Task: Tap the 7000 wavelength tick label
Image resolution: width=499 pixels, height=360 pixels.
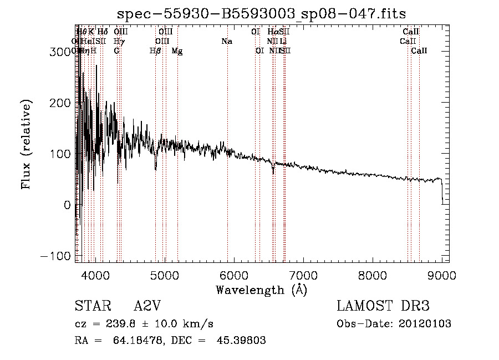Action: pyautogui.click(x=303, y=275)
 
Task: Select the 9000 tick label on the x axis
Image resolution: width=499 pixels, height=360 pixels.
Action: pyautogui.click(x=442, y=275)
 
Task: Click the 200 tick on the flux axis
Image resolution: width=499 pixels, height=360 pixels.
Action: pyautogui.click(x=61, y=103)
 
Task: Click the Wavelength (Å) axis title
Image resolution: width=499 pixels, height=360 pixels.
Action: pyautogui.click(x=261, y=290)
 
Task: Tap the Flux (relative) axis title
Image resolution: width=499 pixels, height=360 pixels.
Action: pyautogui.click(x=26, y=144)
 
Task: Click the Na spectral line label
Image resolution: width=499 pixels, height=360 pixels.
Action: pyautogui.click(x=226, y=41)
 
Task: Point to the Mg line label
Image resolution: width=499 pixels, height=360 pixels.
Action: pyautogui.click(x=177, y=51)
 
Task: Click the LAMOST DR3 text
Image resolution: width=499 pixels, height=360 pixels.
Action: pyautogui.click(x=383, y=307)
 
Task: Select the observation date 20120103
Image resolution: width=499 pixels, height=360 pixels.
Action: pyautogui.click(x=424, y=324)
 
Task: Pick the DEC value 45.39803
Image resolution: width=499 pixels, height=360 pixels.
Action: pyautogui.click(x=241, y=341)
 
